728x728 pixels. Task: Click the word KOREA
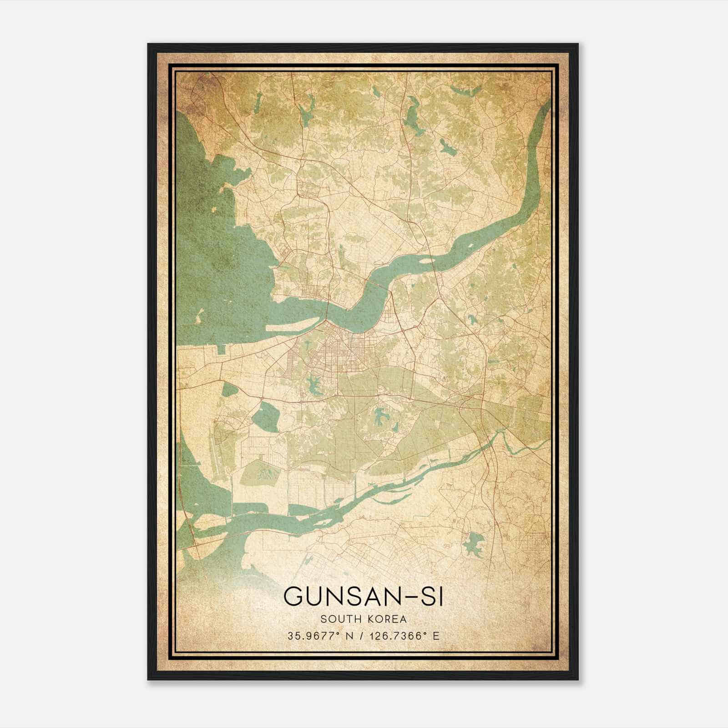point(385,619)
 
